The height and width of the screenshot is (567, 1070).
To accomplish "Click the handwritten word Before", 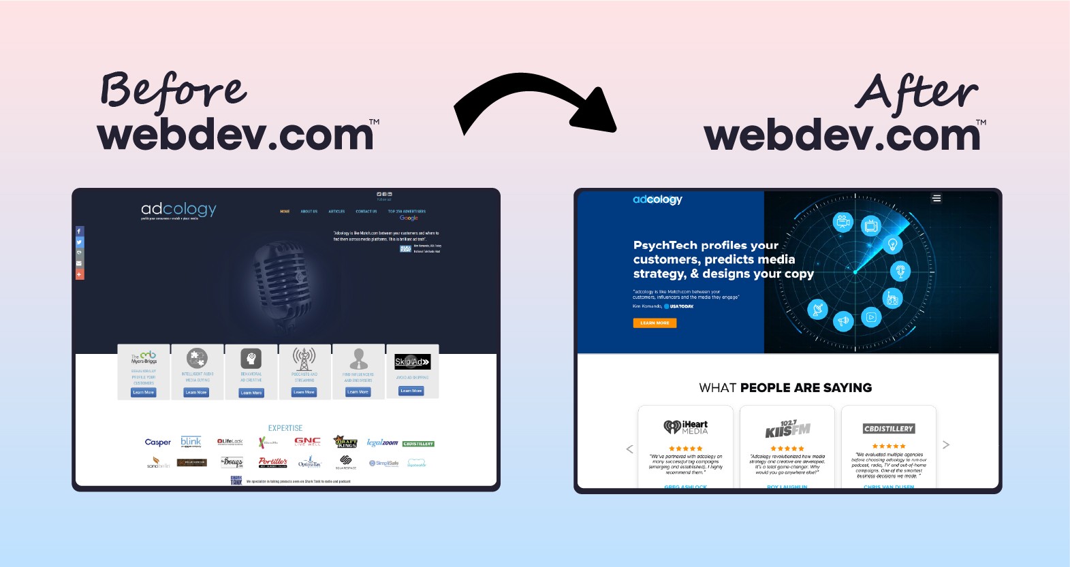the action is tap(173, 92).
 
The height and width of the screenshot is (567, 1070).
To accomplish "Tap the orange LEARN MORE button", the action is tap(655, 323).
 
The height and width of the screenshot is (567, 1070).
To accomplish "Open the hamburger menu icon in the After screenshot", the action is tap(937, 198).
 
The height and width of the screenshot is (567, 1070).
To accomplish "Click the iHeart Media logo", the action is tap(686, 427).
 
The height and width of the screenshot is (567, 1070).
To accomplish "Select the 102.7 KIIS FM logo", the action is tap(787, 429).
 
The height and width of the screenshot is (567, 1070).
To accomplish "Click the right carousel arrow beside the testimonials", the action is tap(945, 445).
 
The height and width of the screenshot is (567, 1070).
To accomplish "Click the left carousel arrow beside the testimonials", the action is tap(629, 449).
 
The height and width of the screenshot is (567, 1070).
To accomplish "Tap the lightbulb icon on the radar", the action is tap(892, 244).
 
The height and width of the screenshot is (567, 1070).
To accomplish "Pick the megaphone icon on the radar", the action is tap(843, 321).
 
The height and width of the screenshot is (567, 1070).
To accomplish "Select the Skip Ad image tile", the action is tap(412, 361).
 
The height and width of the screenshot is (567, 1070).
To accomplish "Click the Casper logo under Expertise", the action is tap(158, 442).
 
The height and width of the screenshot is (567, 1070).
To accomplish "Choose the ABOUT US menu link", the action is tap(309, 212).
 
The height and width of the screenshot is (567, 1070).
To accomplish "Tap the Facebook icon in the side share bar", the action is tap(79, 231).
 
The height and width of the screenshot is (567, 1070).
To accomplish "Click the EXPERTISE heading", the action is tap(285, 428).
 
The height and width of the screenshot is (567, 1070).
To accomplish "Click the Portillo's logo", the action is tap(272, 462).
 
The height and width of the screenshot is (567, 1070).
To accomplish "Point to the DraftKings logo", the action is tap(345, 442).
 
